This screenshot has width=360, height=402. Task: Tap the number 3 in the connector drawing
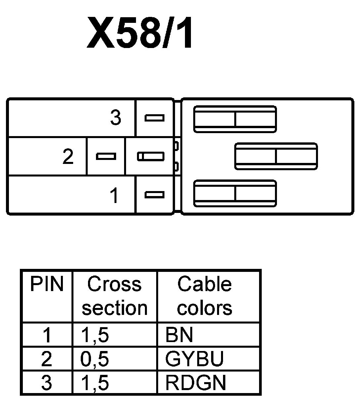coord(115,118)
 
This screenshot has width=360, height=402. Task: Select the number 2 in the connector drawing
coord(68,156)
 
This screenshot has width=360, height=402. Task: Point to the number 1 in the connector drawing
coord(114,195)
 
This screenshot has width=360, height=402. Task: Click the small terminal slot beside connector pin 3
coord(155,118)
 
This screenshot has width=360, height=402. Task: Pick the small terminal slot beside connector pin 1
coord(155,195)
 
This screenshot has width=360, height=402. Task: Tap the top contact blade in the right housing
coord(235,119)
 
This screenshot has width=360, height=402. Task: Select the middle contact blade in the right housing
coord(276,156)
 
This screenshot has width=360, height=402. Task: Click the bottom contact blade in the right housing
coord(235,194)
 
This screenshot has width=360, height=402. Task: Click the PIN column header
coord(47,284)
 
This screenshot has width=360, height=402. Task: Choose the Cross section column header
coord(114,296)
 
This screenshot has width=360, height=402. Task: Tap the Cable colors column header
coord(204,296)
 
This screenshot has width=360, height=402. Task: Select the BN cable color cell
coord(179,335)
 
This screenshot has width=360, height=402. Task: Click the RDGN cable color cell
coord(196,383)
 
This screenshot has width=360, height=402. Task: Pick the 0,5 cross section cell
coord(95,359)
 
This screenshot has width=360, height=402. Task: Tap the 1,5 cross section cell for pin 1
coord(95,335)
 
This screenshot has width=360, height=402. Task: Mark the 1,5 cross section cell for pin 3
coord(95,383)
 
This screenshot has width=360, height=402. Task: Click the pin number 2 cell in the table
coord(47,359)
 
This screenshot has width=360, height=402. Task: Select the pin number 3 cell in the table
coord(47,383)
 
